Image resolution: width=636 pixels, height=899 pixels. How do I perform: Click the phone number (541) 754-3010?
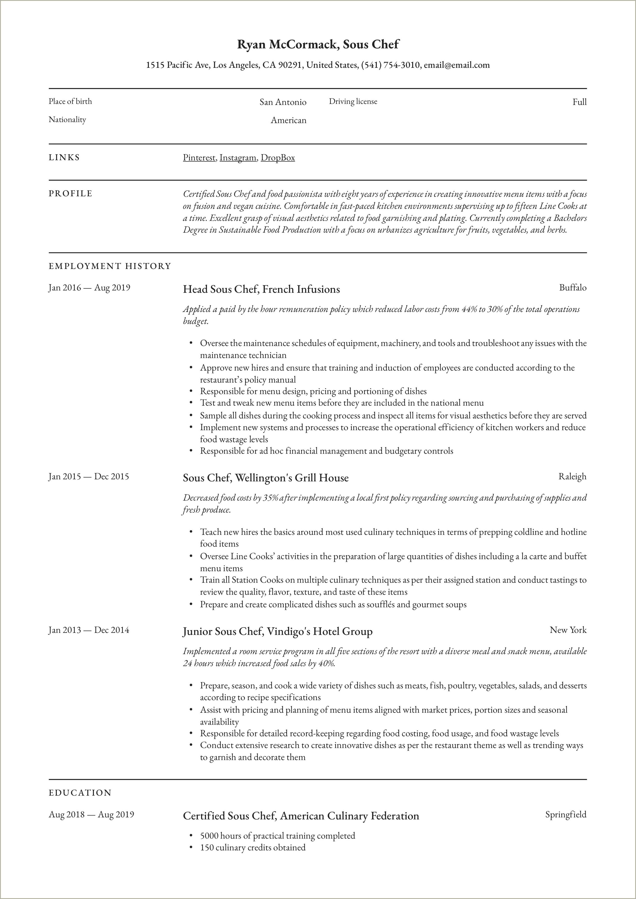390,65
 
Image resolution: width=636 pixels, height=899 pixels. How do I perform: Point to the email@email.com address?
457,65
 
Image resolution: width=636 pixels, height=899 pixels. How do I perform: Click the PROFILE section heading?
71,193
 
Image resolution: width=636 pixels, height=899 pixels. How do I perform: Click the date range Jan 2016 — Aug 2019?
89,288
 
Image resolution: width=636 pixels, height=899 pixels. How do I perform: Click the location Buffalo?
573,288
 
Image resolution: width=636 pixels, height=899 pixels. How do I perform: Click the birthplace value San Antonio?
283,102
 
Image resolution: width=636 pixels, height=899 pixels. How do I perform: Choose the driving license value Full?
579,102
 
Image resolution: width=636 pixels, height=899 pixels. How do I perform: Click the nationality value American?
288,120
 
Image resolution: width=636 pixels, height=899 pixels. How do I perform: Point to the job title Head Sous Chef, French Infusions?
261,289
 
